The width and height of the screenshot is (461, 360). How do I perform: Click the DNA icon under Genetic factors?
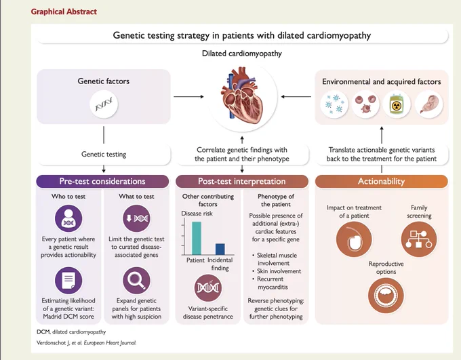pos(104,104)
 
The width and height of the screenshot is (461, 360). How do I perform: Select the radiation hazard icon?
pos(397,104)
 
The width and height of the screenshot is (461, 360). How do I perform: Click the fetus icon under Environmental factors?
pos(428,104)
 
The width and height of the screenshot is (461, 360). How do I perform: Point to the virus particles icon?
pos(334,104)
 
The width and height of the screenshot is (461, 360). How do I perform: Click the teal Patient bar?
pos(197,238)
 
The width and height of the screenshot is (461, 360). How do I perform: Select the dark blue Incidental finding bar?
pos(220,249)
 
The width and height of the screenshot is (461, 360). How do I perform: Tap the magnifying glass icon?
pos(136,280)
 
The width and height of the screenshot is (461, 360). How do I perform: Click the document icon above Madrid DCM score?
pos(68,280)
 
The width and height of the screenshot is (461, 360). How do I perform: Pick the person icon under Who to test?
pos(68,218)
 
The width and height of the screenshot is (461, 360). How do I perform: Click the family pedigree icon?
pos(419,239)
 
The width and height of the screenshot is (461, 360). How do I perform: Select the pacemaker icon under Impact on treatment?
pos(354,239)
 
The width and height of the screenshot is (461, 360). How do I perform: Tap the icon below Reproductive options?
pos(386,296)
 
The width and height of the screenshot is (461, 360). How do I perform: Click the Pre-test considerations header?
pos(102,182)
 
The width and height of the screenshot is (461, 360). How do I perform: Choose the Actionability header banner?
pos(381,182)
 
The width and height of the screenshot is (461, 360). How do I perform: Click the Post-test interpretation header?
pos(242,182)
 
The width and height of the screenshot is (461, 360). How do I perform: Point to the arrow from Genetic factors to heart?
pos(188,96)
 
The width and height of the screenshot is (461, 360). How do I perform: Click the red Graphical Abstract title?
pos(64,12)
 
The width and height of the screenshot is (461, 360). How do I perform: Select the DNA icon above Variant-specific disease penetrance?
pos(208,288)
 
